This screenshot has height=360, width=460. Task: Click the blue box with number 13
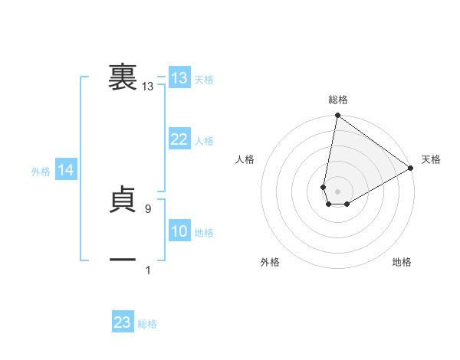pos(179,78)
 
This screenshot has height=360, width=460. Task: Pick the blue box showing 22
pos(179,139)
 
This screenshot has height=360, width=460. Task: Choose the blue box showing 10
pos(179,231)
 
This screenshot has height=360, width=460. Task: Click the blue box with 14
pos(66,171)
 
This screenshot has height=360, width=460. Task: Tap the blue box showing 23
pos(123,322)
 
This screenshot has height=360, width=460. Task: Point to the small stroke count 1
pos(148,270)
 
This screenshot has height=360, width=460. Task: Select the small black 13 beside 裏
pos(147,87)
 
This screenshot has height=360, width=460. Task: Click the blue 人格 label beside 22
pos(204,141)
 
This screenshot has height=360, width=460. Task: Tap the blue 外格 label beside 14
pos(41,172)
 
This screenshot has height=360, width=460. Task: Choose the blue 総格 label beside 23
pos(147,324)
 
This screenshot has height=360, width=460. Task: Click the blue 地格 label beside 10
pos(204,233)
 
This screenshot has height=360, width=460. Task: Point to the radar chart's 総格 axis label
pos(337,100)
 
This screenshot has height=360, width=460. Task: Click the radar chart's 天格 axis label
pos(431,159)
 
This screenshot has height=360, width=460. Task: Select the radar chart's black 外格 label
pos(270,263)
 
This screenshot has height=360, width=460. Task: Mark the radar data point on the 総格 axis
pos(337,116)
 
